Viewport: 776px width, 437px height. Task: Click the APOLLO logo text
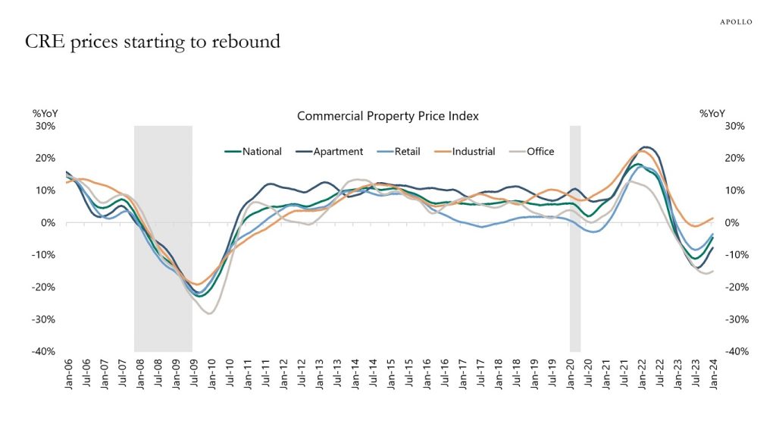coord(735,22)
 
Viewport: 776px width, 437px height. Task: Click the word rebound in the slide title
coord(246,42)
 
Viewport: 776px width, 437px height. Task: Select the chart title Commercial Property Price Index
coord(387,116)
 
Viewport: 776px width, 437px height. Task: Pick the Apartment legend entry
coord(333,151)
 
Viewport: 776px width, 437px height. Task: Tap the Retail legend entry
coord(406,151)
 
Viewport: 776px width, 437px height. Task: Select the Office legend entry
coord(538,151)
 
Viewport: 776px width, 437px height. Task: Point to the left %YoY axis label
coord(45,114)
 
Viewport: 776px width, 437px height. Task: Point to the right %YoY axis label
coord(712,114)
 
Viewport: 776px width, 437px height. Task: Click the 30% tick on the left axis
coord(45,126)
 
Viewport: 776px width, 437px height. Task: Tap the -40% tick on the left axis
coord(42,351)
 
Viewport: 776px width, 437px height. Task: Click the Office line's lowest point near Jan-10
coord(208,313)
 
